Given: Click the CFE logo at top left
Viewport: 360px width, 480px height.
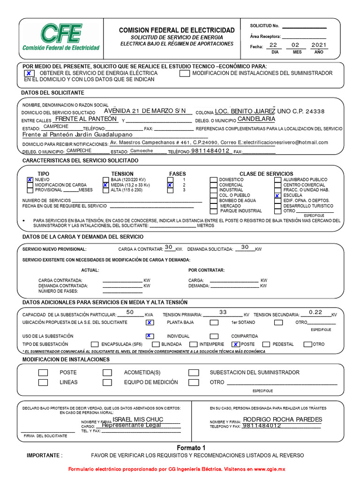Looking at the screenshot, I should pyautogui.click(x=61, y=37).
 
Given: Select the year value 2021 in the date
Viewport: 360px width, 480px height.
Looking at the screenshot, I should pyautogui.click(x=319, y=45).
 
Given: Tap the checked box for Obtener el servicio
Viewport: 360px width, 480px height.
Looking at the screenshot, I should pyautogui.click(x=29, y=73).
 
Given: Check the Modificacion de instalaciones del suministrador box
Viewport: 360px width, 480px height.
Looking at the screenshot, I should pyautogui.click(x=185, y=73).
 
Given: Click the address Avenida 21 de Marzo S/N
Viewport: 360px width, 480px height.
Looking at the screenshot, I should pyautogui.click(x=148, y=111).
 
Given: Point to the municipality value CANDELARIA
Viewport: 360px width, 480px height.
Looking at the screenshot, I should pyautogui.click(x=256, y=120).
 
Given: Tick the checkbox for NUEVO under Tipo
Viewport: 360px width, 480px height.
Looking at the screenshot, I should pyautogui.click(x=30, y=180).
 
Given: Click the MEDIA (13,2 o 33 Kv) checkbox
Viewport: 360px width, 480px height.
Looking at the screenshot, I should pyautogui.click(x=105, y=185).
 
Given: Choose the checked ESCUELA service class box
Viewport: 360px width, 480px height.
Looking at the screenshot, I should pyautogui.click(x=277, y=195).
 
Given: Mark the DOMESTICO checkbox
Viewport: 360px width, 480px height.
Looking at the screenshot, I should pyautogui.click(x=214, y=180).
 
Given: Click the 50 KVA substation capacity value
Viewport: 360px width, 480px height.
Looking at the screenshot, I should pyautogui.click(x=130, y=312).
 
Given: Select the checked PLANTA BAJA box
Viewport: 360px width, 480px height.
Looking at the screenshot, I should pyautogui.click(x=150, y=322).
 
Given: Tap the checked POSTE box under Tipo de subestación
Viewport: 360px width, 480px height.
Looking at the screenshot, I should pyautogui.click(x=236, y=344).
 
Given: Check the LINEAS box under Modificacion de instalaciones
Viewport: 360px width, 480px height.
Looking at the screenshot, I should pyautogui.click(x=43, y=382).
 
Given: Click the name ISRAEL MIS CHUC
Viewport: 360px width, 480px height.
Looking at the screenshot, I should pyautogui.click(x=138, y=419).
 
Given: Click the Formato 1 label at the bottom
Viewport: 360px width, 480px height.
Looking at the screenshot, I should pyautogui.click(x=191, y=448).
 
